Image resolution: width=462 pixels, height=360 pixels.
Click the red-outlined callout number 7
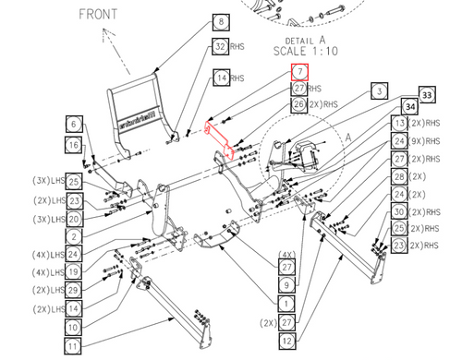point(298,71)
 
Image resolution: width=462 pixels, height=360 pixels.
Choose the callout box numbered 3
point(378,90)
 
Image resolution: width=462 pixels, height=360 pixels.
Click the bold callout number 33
point(426,94)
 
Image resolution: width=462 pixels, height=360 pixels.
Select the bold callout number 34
point(409,108)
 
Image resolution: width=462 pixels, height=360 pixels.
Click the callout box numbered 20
point(74,219)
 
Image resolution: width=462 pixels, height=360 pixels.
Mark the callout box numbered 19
point(74,271)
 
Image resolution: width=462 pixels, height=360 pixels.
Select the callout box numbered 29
point(74,289)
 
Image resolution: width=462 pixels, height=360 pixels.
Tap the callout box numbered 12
point(287,341)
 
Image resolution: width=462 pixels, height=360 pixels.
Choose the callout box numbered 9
point(287,285)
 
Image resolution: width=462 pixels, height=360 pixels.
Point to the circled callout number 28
point(399,176)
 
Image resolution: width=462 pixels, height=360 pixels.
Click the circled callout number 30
point(399,211)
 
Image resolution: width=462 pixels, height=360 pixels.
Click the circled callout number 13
point(399,124)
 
